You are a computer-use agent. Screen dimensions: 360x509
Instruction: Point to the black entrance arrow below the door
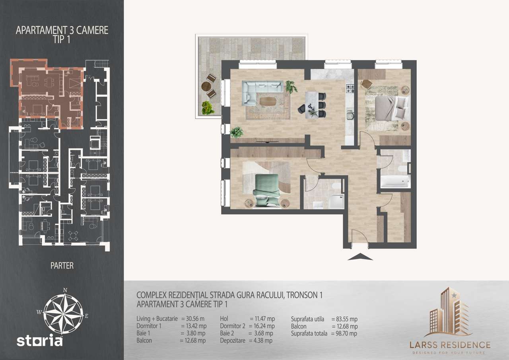(360, 257)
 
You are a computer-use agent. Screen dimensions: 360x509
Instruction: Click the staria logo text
(40, 341)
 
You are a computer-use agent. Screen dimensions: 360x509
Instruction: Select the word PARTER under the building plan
(62, 265)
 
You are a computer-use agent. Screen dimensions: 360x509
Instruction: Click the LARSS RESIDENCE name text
(450, 344)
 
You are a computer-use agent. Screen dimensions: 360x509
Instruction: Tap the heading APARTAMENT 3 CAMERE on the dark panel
(62, 31)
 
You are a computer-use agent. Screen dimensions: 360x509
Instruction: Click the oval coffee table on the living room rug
(269, 101)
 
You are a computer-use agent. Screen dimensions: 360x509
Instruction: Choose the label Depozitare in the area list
(233, 341)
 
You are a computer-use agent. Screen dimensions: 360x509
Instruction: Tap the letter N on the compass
(65, 290)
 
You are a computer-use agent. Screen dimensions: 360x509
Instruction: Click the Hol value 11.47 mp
(262, 319)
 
